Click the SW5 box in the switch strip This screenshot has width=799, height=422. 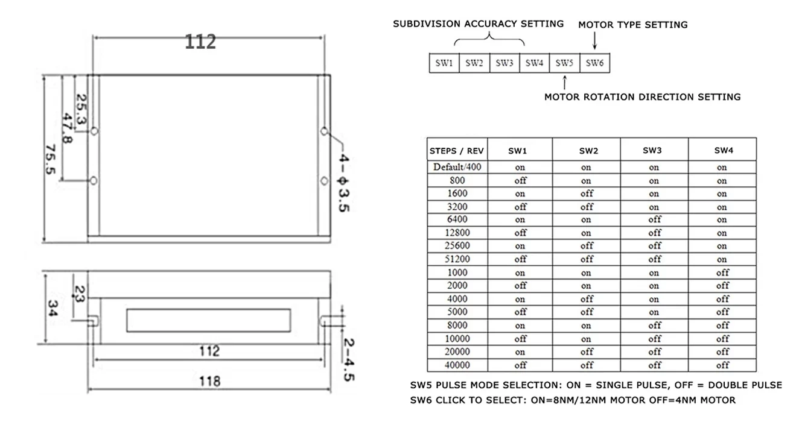(564, 63)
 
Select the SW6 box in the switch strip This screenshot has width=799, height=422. (594, 63)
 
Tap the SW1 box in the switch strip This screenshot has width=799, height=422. (444, 63)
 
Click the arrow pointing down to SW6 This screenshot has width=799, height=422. (595, 41)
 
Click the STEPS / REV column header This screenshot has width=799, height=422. (457, 150)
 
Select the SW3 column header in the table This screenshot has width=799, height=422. (654, 150)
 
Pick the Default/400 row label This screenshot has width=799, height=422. (457, 167)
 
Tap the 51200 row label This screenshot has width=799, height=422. (457, 259)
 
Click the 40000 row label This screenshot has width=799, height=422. (457, 365)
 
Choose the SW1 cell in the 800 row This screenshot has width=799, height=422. (520, 180)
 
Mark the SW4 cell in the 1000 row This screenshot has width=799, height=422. (722, 272)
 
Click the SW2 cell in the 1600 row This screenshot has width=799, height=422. (587, 194)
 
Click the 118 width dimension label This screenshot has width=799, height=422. (210, 381)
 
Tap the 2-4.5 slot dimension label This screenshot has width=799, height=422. (348, 360)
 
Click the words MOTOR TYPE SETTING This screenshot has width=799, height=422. (632, 25)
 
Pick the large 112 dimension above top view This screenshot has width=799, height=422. (200, 42)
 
